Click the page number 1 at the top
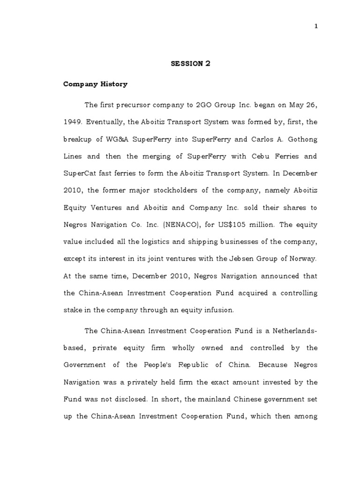point(316,26)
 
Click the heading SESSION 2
point(190,64)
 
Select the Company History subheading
point(96,84)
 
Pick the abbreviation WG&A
point(105,139)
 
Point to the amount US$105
point(239,225)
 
